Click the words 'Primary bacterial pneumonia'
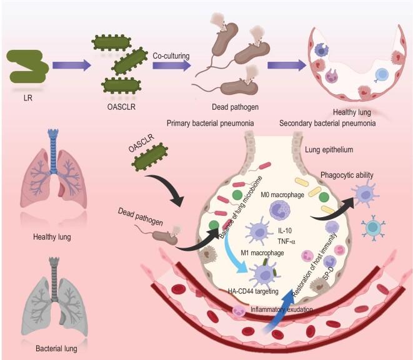(x=210, y=123)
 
